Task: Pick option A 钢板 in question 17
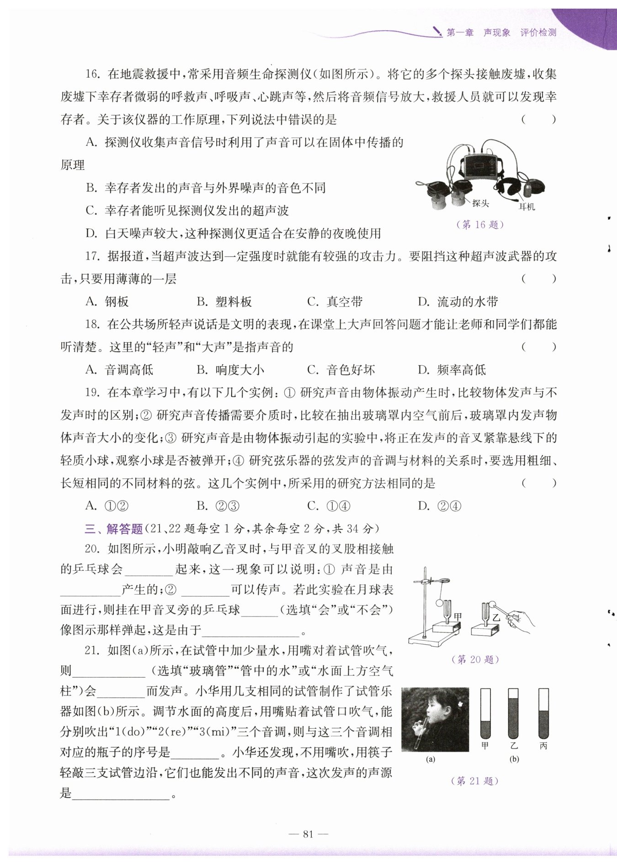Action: (x=107, y=301)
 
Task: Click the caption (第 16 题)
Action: (x=479, y=224)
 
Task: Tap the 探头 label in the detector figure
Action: (x=480, y=203)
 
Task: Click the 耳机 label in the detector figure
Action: (x=527, y=207)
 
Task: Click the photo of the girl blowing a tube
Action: (x=435, y=719)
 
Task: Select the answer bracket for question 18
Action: (x=539, y=347)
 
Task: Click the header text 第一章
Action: (x=460, y=32)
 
